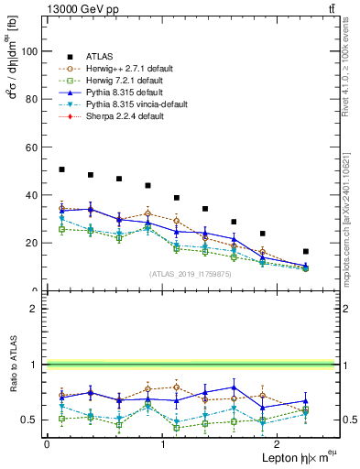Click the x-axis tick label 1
[163, 444]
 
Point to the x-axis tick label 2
[278, 444]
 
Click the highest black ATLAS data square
[61, 169]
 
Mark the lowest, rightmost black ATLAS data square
[305, 251]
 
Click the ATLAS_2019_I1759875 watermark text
[190, 273]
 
